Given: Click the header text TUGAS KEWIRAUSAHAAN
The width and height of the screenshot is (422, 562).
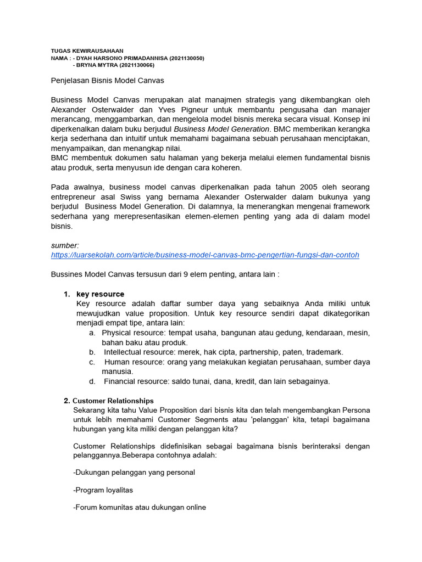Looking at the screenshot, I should tap(87, 50).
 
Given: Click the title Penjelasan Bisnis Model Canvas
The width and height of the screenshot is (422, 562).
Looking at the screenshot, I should tap(107, 81).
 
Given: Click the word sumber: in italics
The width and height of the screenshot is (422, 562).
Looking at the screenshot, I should tap(65, 245).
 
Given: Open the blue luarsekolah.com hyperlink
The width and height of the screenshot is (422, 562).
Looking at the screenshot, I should tap(205, 255).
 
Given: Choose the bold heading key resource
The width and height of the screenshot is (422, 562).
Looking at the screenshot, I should tap(100, 294).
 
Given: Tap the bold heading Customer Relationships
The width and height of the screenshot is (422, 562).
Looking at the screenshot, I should tap(113, 401).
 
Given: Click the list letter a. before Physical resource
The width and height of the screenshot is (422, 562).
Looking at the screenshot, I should tap(92, 333).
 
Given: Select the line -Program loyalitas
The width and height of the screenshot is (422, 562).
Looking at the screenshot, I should tap(103, 490).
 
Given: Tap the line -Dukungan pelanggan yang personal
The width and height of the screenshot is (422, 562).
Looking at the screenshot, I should tap(134, 473).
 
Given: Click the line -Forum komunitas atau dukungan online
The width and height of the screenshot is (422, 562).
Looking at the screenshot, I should tap(139, 508).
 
